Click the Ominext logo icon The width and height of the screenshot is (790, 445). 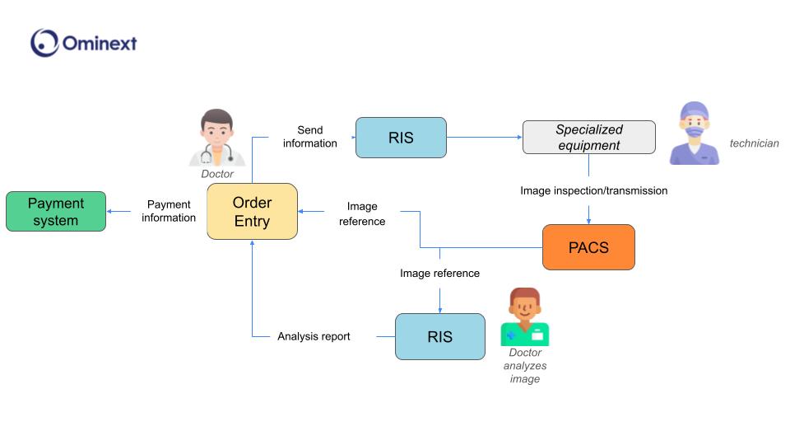point(44,43)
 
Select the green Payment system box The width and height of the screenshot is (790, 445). point(56,211)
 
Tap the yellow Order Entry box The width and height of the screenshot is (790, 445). point(252,212)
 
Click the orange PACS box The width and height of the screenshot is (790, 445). point(588,247)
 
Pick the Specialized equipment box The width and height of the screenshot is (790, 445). point(588,137)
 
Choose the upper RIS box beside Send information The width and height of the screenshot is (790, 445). point(401,138)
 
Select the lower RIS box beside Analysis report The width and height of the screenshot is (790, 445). point(439,336)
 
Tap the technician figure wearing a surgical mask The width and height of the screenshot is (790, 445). point(694,133)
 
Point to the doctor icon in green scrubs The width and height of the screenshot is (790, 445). point(524,317)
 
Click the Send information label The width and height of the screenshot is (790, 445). point(310,137)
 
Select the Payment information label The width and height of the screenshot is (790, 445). point(169,211)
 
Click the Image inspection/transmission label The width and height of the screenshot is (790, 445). point(593,190)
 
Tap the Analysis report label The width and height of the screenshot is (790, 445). point(314,336)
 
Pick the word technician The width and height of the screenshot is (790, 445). point(754,143)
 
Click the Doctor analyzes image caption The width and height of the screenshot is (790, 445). point(524,366)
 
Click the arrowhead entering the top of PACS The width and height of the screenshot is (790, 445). point(588,220)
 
